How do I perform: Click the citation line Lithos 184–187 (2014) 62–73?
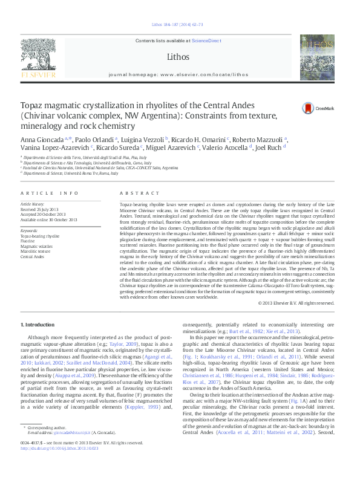(179, 25)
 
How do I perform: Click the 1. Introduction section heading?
(38, 325)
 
